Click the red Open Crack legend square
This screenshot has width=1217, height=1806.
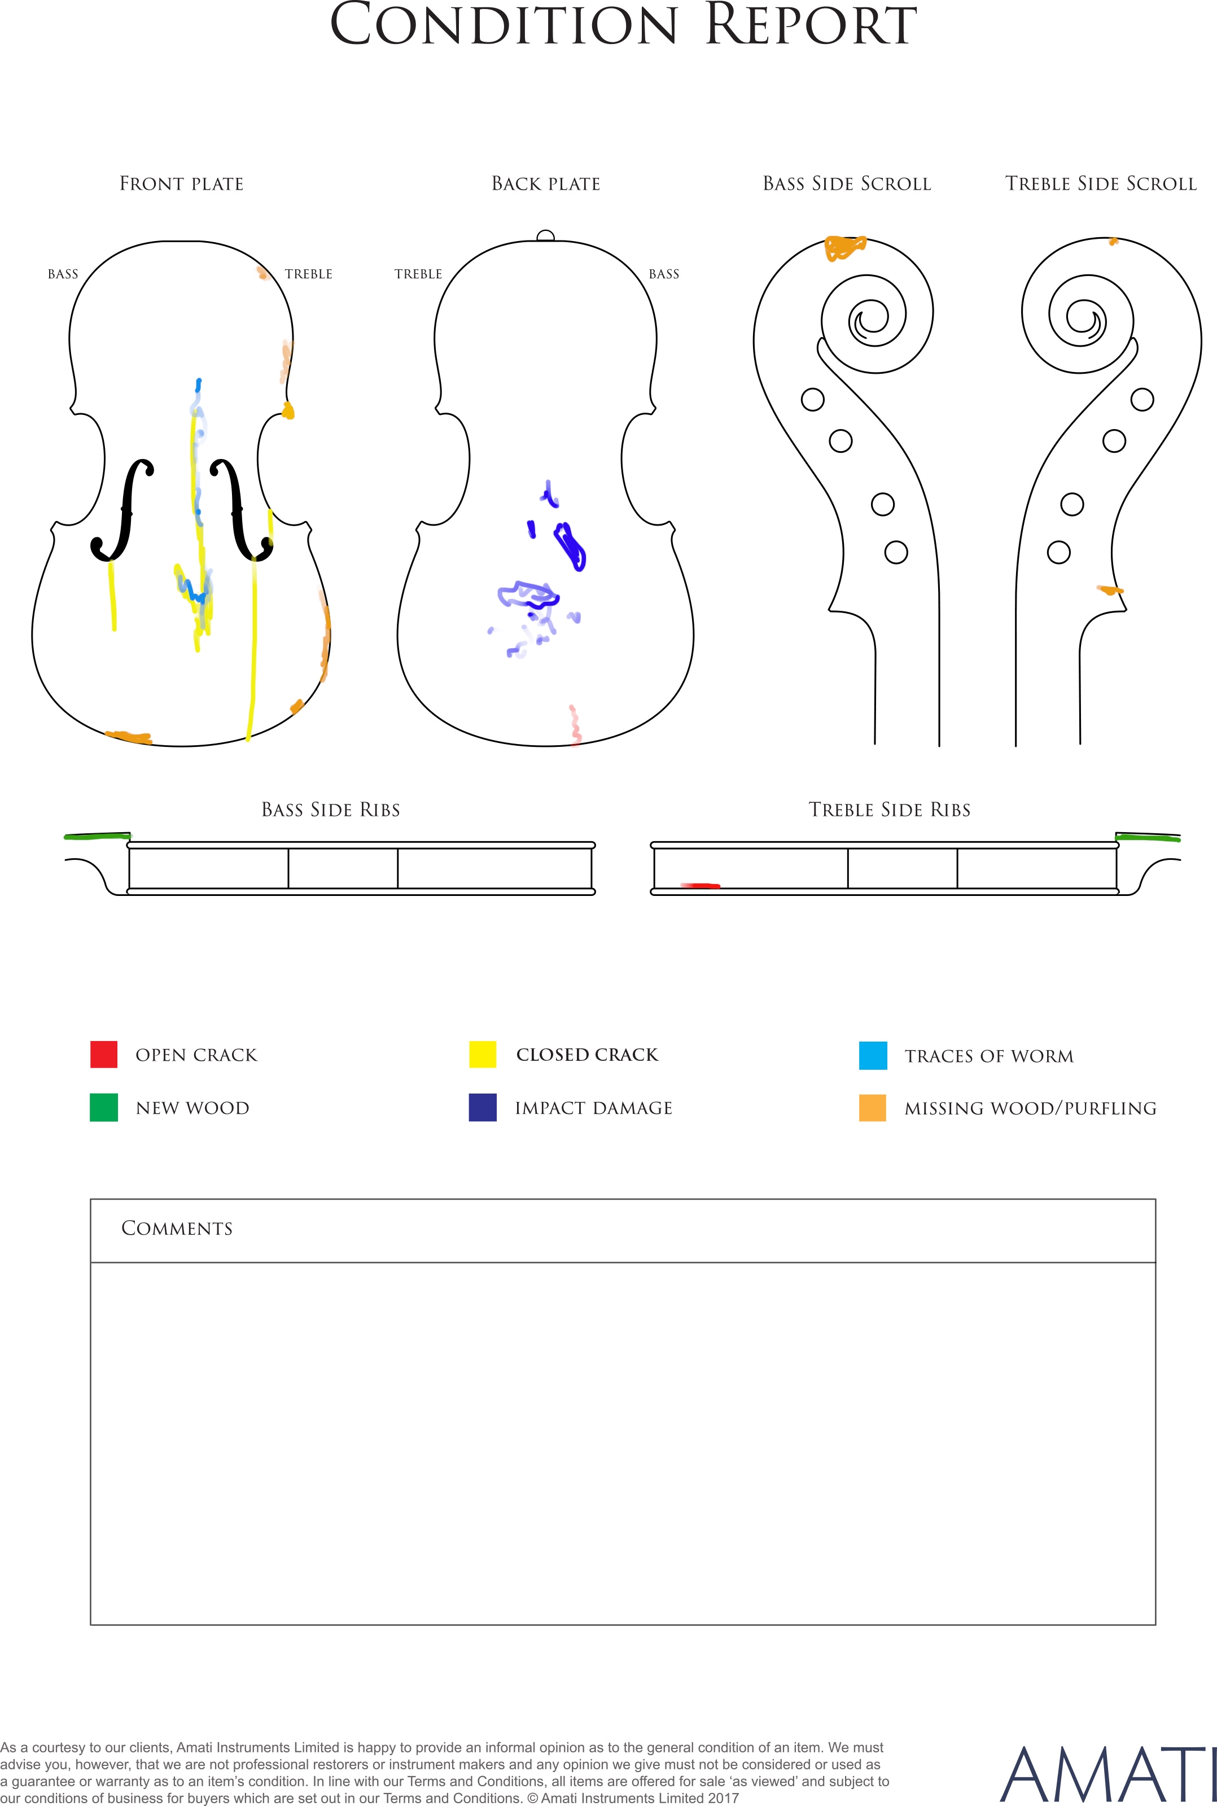tap(104, 1055)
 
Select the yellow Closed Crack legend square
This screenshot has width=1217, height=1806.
tap(483, 1055)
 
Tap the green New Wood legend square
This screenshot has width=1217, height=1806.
tap(104, 1108)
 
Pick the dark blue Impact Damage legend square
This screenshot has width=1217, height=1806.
tap(483, 1108)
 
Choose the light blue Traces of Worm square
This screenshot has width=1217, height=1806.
tap(873, 1056)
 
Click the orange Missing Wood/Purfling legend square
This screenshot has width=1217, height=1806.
tap(873, 1108)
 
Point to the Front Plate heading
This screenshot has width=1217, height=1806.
tap(182, 184)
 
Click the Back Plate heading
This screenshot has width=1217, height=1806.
tap(546, 184)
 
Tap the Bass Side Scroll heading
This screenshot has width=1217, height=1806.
tap(847, 184)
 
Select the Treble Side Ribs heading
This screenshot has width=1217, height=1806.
tap(890, 810)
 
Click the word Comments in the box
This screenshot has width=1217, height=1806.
tap(177, 1228)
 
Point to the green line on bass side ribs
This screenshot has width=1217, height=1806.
tap(98, 836)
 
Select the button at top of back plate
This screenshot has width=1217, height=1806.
tap(546, 236)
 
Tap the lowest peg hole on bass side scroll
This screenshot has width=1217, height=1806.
tap(896, 553)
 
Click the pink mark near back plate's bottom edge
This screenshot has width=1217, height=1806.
tap(575, 725)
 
